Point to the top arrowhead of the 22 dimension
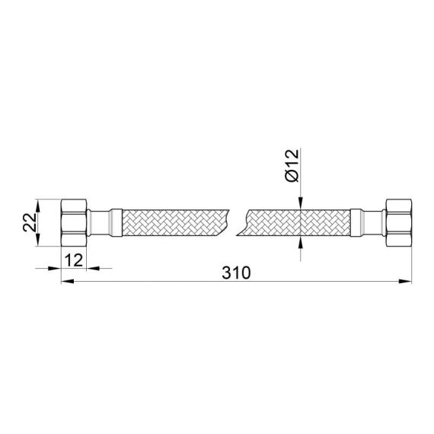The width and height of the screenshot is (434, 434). pyautogui.click(x=39, y=203)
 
